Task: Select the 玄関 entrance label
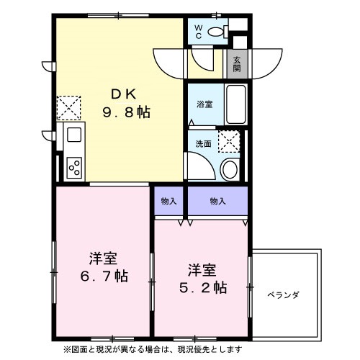tap(237, 65)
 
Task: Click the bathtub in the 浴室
tap(235, 104)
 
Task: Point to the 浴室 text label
tap(205, 104)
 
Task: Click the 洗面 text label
tap(204, 143)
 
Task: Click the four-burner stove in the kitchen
tap(74, 166)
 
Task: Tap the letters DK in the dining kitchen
tap(120, 94)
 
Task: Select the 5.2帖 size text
tap(202, 287)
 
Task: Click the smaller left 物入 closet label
tap(168, 201)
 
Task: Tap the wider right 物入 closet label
tap(217, 201)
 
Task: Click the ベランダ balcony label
tap(283, 295)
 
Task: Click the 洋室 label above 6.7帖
tap(103, 258)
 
